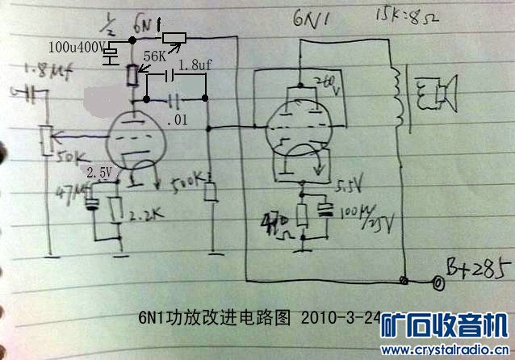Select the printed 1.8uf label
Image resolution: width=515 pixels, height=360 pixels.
click(x=193, y=64)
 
